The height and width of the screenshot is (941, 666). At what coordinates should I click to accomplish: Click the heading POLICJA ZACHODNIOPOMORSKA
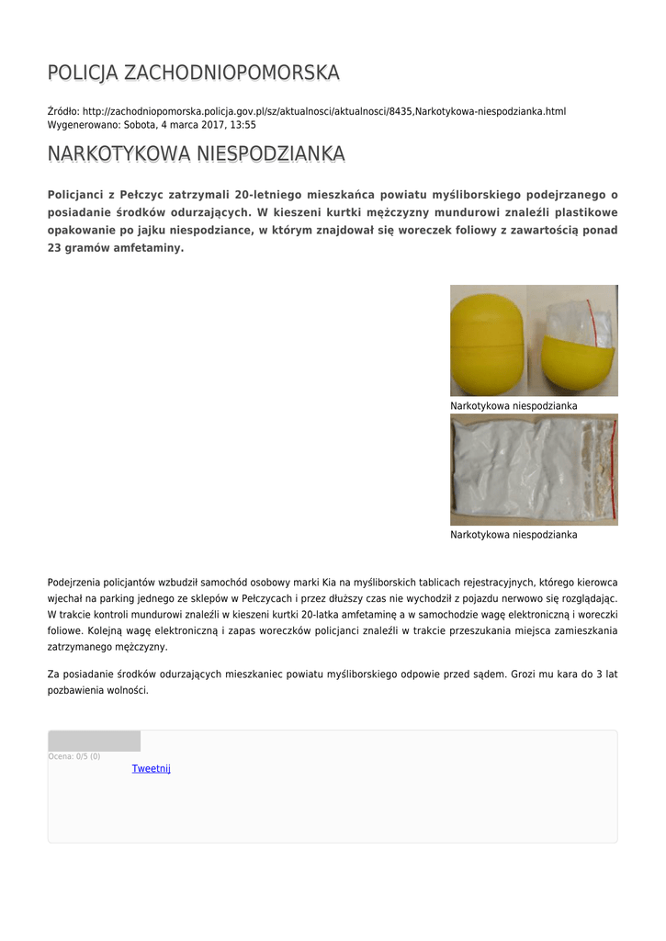(x=193, y=73)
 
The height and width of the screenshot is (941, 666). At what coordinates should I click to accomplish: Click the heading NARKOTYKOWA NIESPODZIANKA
(x=196, y=153)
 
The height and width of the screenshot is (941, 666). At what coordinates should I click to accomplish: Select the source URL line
(x=307, y=111)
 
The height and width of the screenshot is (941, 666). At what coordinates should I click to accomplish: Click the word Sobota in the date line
(x=141, y=125)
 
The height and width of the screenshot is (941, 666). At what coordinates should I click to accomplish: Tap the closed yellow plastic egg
(x=487, y=340)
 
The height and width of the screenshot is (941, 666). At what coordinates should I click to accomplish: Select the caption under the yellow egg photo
(x=514, y=405)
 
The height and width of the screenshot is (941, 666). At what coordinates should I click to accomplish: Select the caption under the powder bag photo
(x=514, y=534)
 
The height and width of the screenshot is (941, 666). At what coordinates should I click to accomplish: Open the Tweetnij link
(x=152, y=768)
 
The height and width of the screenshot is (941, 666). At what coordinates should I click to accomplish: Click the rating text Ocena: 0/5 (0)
(x=74, y=756)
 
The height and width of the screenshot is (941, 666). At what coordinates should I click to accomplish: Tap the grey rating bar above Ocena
(x=94, y=741)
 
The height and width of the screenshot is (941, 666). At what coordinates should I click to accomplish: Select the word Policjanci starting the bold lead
(x=77, y=195)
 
